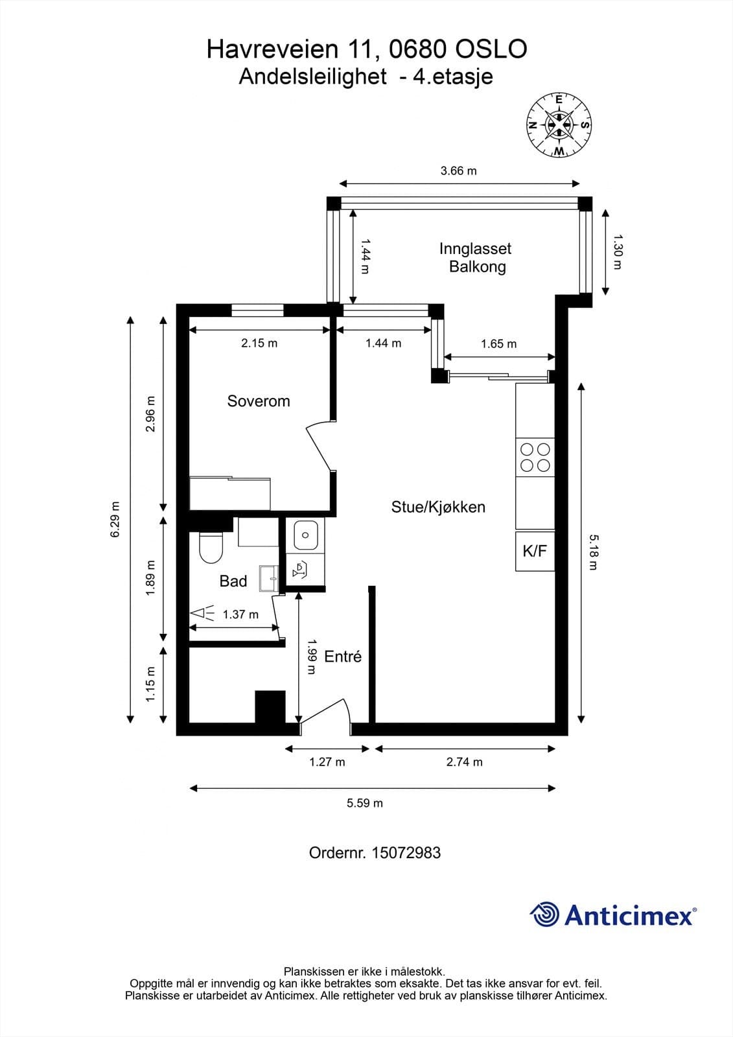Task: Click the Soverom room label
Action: tap(258, 401)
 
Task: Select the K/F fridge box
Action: tap(535, 551)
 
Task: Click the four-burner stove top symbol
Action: tap(535, 457)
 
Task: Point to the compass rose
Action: tap(559, 125)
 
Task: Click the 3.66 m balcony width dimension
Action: tap(458, 171)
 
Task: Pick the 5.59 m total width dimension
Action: tap(364, 803)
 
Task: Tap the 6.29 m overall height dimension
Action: tap(115, 519)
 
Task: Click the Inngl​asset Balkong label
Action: tap(476, 257)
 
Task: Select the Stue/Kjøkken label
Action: tap(438, 507)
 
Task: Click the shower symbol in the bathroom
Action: tap(202, 613)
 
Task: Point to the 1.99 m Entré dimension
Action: tap(311, 657)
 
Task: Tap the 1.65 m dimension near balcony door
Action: tap(498, 344)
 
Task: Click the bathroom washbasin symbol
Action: tap(268, 577)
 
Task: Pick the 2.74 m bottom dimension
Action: tap(464, 762)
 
